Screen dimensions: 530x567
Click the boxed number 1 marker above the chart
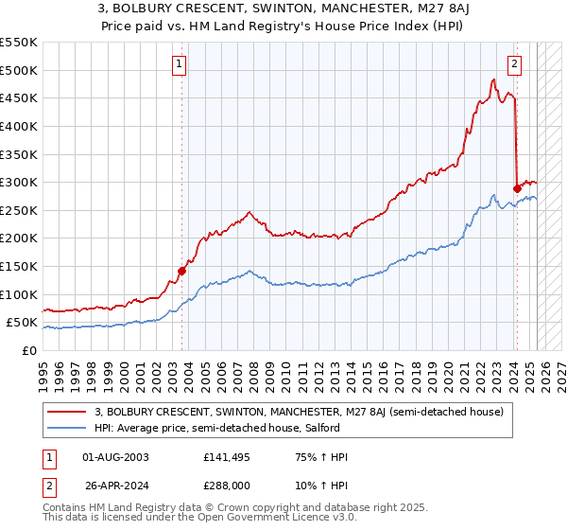coord(179,64)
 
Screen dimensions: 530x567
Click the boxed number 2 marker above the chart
coord(514,64)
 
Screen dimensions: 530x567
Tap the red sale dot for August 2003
coord(182,271)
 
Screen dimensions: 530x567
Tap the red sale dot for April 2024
coord(517,188)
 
